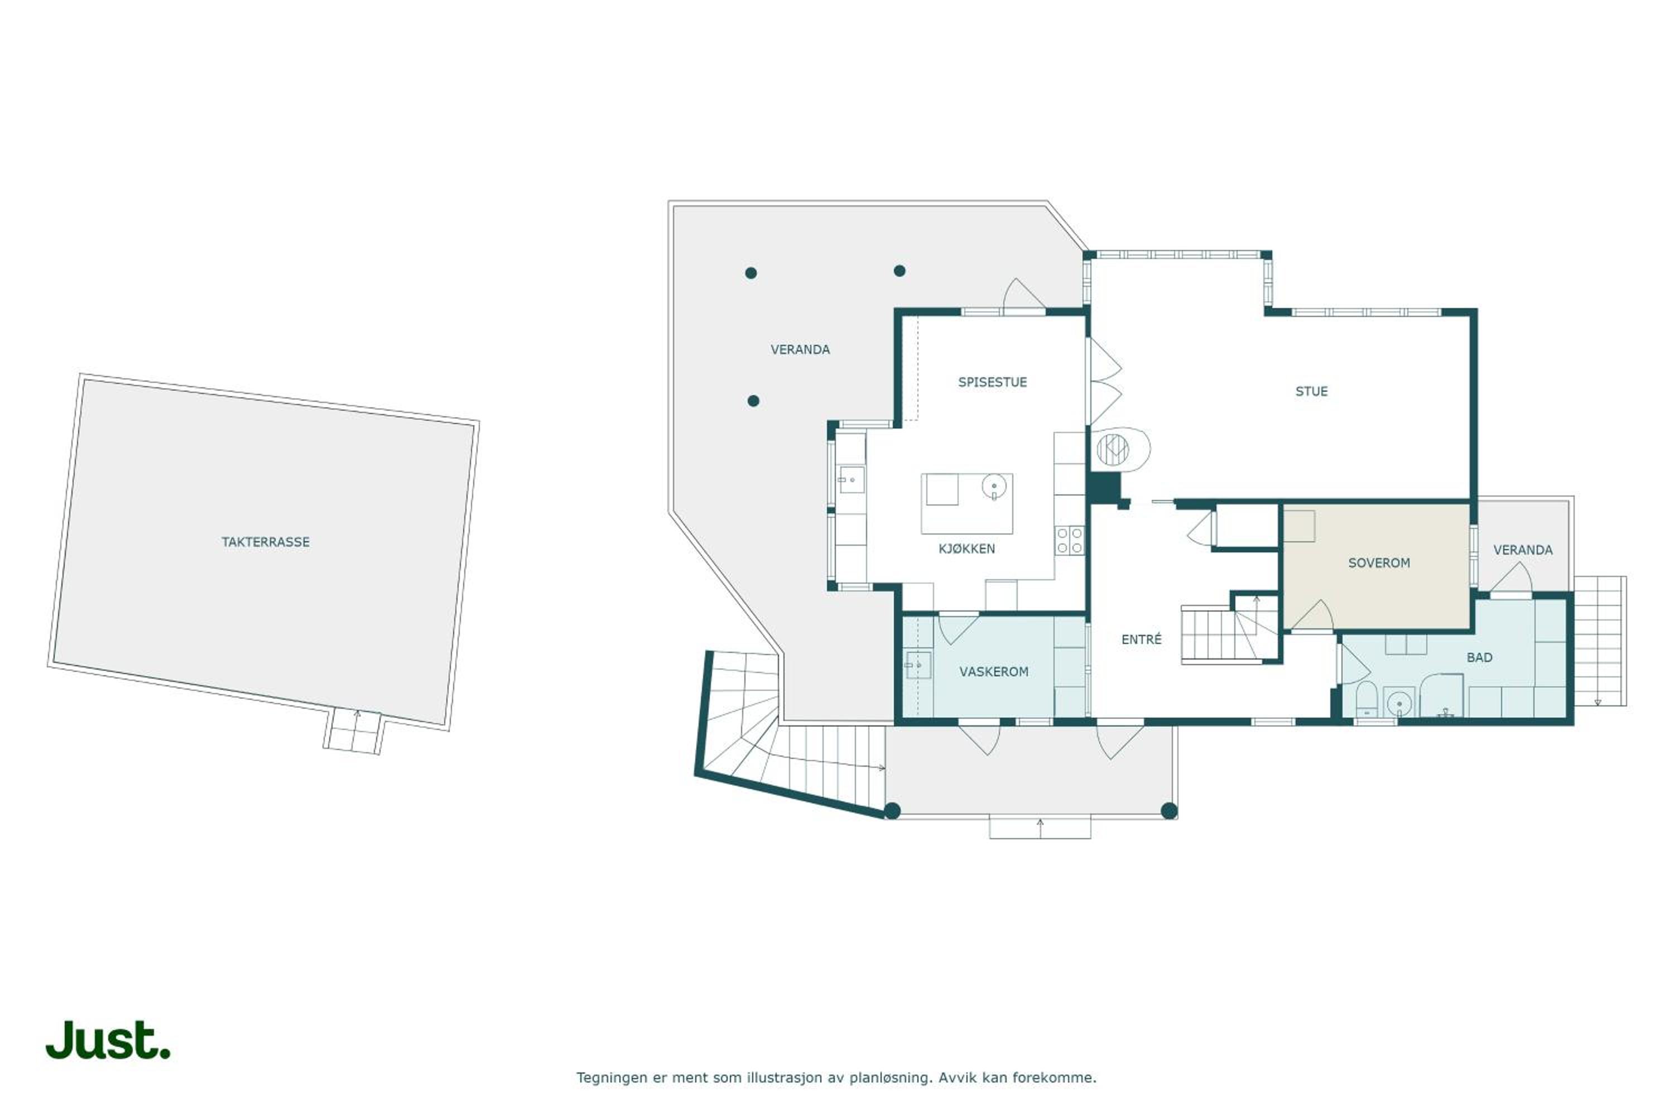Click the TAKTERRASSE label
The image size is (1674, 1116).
[266, 542]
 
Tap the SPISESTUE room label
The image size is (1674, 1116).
[992, 382]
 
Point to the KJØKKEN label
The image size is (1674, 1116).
[966, 549]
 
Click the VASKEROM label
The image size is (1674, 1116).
[994, 672]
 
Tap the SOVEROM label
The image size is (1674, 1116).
[1379, 563]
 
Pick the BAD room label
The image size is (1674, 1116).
[1479, 658]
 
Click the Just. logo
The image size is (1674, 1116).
[108, 1041]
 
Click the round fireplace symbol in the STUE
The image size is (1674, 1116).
[1113, 449]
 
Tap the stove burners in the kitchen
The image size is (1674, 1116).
[1069, 540]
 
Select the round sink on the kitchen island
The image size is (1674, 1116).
[994, 487]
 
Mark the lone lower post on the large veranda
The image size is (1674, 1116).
[753, 401]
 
